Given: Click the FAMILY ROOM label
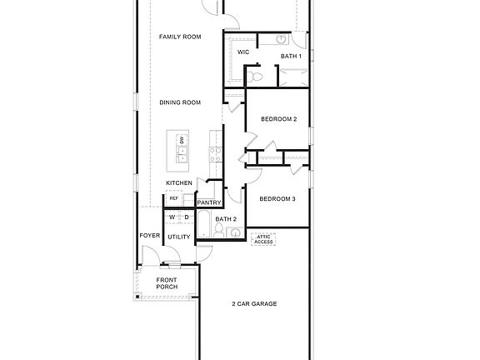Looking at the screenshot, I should point(181,37).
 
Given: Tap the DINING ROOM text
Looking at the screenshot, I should point(181,102).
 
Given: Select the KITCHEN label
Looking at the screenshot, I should point(179,183).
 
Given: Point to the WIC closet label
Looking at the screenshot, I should point(243,52).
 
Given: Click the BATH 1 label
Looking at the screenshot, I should point(290,56).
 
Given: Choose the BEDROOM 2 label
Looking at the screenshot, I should point(278,119).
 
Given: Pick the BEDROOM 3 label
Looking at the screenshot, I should point(277,199).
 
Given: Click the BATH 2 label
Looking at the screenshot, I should point(226,219).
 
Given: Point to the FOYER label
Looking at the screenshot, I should point(150,236).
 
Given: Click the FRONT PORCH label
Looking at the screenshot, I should point(167,283).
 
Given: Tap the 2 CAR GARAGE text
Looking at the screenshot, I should point(254,303).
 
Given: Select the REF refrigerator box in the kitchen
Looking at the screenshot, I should point(174,198).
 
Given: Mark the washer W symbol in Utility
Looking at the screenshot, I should point(172,217).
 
